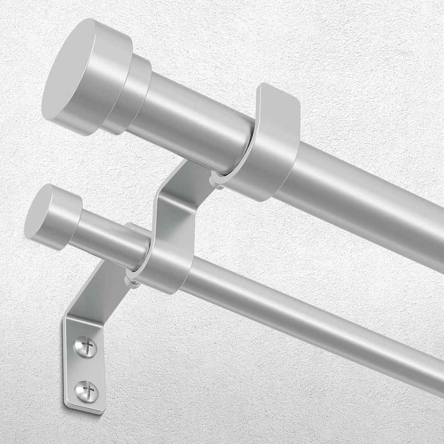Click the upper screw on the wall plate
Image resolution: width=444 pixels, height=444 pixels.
(86, 347)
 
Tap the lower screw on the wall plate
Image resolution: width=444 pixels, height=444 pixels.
(87, 391)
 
